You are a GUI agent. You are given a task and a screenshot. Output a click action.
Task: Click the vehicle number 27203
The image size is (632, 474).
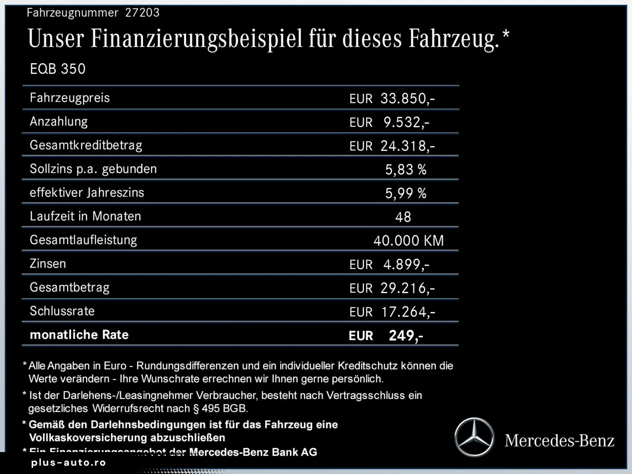142,12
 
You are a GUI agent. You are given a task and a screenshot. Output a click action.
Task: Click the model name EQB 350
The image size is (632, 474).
57,69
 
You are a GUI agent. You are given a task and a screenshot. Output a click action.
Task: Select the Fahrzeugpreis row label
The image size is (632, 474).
70,97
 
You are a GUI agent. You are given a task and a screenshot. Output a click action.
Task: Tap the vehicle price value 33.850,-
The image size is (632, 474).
407,98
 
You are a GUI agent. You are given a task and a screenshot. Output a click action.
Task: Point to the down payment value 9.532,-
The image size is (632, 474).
406,122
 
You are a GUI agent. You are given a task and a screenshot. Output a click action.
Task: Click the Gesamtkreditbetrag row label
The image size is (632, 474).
86,145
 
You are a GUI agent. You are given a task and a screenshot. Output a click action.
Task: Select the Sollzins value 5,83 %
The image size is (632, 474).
406,169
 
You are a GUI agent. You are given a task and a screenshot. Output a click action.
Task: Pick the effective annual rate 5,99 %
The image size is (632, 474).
406,193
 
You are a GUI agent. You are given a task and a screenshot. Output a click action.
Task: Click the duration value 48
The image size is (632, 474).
403,217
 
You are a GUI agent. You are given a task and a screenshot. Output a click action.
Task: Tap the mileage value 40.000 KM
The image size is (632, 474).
409,241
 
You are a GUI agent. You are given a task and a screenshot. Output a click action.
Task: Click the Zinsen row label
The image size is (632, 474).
48,264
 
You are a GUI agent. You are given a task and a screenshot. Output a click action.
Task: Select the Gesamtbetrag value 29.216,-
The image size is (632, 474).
407,288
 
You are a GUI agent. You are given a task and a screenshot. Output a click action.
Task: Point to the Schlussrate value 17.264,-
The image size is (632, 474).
408,312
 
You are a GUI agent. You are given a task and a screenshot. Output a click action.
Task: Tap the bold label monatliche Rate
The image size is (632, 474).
79,335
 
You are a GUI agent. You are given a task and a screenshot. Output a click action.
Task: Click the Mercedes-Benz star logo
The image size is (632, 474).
474,438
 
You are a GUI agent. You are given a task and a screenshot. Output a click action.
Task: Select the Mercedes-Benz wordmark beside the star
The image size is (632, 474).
559,440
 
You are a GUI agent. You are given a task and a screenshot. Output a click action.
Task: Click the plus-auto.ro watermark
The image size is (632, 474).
68,463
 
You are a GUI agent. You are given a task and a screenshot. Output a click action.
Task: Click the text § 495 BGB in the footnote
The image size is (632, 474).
220,408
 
